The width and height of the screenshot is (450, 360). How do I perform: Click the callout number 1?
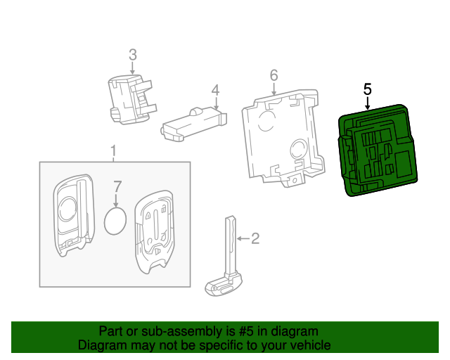(112, 151)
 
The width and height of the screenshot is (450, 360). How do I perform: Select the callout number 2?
(255, 238)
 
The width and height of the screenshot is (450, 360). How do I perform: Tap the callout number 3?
(132, 53)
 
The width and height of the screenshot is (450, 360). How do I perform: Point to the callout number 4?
(216, 90)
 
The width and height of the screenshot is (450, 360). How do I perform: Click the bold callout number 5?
(367, 89)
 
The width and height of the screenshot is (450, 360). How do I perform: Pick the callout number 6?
(274, 75)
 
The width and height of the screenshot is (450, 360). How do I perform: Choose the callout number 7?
(117, 186)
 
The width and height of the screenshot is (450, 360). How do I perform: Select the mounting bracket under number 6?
(281, 137)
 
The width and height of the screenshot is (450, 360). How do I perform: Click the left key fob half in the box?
(72, 214)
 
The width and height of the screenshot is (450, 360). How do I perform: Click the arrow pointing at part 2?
(241, 238)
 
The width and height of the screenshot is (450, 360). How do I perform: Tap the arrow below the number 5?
(367, 103)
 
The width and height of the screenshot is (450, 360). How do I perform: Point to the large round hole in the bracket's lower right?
(298, 149)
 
